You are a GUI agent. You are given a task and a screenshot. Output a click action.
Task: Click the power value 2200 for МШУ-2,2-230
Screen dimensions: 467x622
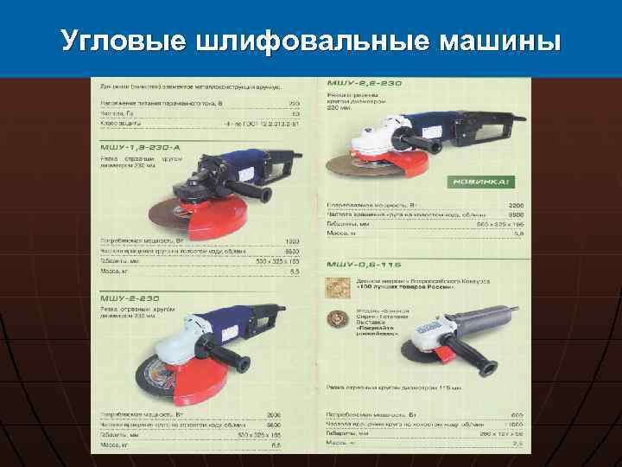coord(512,205)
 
